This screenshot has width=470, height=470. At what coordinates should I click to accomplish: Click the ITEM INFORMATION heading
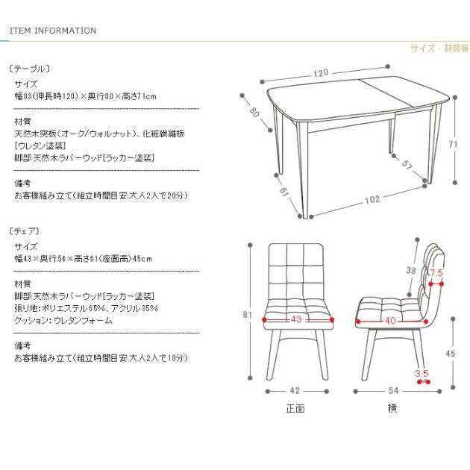click(x=53, y=31)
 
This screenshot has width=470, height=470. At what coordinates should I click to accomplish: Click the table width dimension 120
click(x=321, y=73)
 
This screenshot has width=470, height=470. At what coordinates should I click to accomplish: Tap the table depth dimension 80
click(x=254, y=113)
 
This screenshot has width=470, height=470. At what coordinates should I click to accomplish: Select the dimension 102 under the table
click(x=372, y=199)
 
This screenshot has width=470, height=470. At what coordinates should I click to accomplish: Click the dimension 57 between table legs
click(x=407, y=164)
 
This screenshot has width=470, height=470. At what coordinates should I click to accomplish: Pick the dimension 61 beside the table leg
click(x=284, y=192)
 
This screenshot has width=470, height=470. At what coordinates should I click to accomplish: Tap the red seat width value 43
click(x=296, y=320)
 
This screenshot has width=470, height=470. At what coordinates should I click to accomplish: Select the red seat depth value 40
click(x=389, y=320)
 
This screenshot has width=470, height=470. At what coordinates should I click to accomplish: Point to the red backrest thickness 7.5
click(x=436, y=273)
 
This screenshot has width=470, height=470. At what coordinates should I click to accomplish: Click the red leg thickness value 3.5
click(x=422, y=373)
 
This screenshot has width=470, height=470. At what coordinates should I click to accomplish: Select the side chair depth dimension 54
click(x=392, y=390)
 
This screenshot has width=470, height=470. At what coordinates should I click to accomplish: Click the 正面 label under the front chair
click(x=295, y=409)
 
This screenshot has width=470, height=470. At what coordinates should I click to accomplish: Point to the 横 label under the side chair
click(x=392, y=409)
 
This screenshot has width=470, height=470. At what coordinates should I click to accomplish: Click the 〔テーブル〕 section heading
click(x=30, y=68)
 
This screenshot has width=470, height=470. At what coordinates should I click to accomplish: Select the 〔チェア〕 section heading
click(x=25, y=231)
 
